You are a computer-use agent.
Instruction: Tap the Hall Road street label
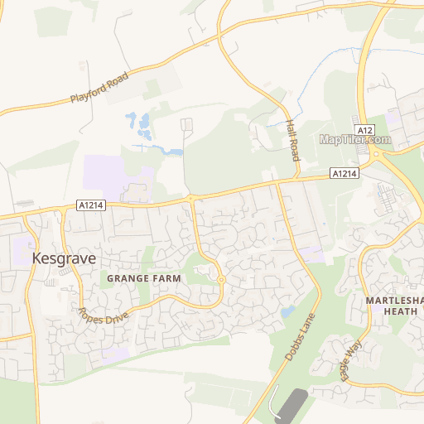(292, 138)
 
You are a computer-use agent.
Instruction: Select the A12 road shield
(365, 130)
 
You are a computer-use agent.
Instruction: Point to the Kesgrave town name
(64, 258)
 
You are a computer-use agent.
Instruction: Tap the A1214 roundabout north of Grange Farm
(190, 198)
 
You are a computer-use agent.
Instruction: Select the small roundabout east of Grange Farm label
(221, 280)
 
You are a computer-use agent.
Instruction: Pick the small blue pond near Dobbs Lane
(287, 312)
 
